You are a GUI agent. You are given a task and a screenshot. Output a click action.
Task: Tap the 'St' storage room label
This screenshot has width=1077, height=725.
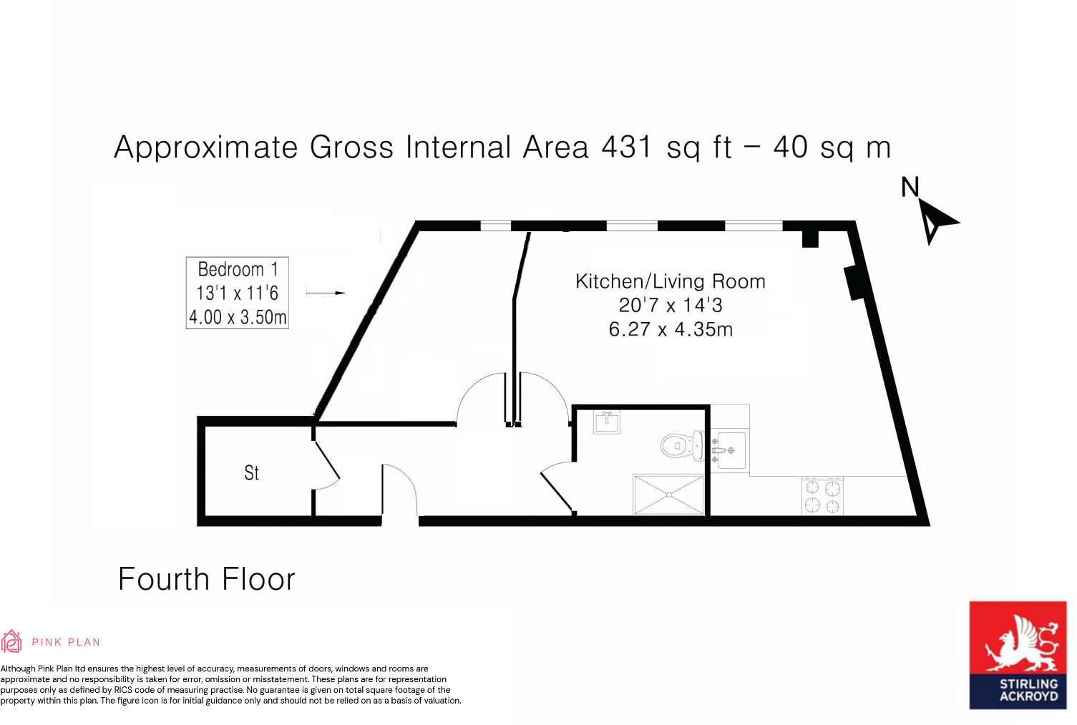click(251, 473)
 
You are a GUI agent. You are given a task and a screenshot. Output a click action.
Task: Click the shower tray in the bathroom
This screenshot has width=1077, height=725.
click(668, 494)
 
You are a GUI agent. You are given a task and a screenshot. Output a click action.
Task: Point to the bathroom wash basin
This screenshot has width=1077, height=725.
click(607, 422)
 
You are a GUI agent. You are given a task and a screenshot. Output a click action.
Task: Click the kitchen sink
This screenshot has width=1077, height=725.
click(730, 450)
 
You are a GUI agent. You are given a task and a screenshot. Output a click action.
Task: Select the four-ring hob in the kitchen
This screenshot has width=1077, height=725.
click(822, 496)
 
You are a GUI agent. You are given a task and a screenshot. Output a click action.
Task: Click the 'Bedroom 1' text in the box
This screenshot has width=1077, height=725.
click(238, 270)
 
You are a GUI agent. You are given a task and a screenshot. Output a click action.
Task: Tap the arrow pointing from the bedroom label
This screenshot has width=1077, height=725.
click(326, 293)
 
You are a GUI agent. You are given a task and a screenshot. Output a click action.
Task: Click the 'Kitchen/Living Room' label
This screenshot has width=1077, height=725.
click(671, 281)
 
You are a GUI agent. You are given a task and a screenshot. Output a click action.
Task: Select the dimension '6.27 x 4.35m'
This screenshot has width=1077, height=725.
click(671, 329)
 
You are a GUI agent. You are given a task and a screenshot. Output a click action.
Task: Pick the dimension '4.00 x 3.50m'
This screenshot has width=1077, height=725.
click(238, 317)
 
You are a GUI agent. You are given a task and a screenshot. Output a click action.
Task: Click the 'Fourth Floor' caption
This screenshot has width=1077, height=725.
click(206, 579)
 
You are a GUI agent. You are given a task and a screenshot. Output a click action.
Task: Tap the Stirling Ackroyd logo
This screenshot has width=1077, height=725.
click(1018, 655)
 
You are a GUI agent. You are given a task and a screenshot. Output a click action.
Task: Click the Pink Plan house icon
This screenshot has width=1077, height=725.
click(11, 641)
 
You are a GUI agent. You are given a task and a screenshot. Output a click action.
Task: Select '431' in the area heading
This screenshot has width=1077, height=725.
click(627, 147)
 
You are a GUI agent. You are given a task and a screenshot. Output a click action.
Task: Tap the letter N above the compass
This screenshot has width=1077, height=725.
click(910, 187)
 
